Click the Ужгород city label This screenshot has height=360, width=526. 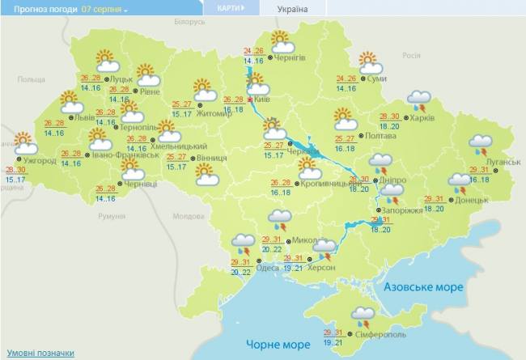coord(40,160)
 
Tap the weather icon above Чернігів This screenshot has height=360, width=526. coord(279,41)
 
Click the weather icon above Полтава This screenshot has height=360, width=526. coord(346,118)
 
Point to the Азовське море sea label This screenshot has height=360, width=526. coord(423,287)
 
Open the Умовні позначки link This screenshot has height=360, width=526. coord(40,353)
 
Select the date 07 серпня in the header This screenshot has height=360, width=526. coord(104,9)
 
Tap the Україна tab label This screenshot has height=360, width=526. coord(292,9)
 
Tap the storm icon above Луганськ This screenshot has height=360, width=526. coord(481,146)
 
